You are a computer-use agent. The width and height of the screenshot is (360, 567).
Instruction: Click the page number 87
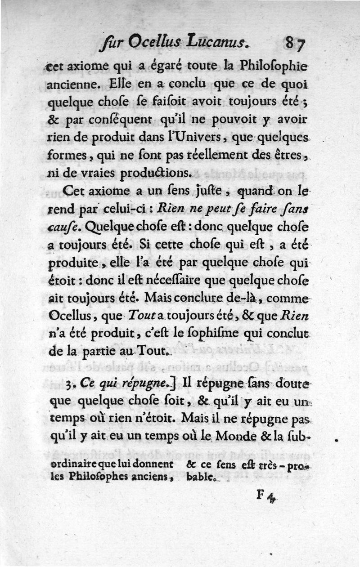(295, 44)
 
